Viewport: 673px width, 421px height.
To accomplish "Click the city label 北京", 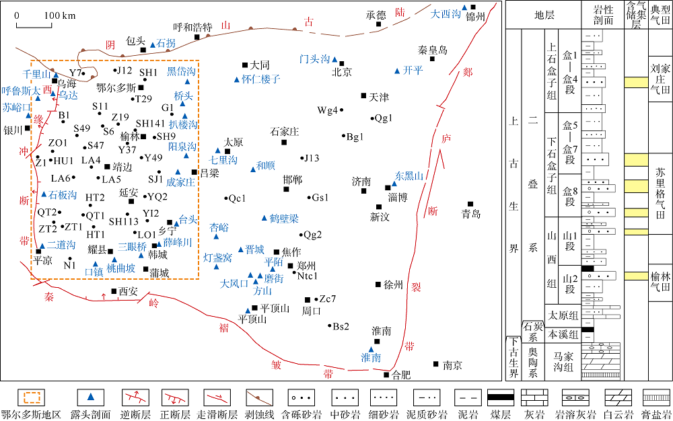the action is tap(342, 72).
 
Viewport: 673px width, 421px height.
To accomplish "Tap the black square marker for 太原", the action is tap(227, 151).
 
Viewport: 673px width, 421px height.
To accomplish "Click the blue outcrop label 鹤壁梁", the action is tap(284, 219).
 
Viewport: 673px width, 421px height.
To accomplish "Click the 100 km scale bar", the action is tap(34, 24).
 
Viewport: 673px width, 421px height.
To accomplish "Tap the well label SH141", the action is tap(150, 124).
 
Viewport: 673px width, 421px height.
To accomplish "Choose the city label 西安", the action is tap(128, 291).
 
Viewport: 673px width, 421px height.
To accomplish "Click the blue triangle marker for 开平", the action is tap(397, 71).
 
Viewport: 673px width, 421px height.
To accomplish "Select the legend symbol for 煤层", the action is tap(501, 397).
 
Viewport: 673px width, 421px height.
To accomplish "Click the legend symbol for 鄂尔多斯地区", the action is tap(31, 397).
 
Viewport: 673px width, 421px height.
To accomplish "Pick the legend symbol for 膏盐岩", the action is tap(656, 397).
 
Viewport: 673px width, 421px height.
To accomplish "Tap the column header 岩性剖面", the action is tap(603, 15).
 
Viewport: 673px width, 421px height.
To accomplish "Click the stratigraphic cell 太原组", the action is tap(563, 315).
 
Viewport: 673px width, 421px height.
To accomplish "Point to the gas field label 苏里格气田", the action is tap(660, 193).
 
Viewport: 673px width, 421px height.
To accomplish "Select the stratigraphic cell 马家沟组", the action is tap(563, 361).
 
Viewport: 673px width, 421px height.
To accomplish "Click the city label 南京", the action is tap(452, 365).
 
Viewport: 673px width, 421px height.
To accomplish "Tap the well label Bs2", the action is tap(341, 327).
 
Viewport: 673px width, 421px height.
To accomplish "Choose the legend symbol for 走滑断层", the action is tap(217, 397).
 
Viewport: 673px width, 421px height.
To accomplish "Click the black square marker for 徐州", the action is tap(378, 284).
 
